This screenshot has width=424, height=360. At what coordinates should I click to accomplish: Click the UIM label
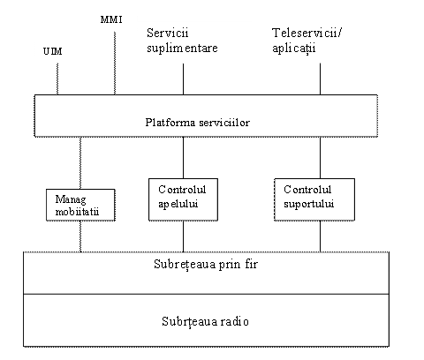click(53, 51)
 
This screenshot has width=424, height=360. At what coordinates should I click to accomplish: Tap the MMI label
click(111, 19)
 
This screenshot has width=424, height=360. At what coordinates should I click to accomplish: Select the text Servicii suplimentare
click(182, 41)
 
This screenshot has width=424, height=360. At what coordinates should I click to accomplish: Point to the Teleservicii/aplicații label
click(307, 41)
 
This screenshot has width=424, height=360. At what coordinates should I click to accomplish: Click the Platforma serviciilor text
click(198, 123)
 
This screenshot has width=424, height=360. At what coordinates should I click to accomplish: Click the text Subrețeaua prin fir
click(206, 264)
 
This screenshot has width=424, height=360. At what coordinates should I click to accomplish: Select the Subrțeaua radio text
click(205, 321)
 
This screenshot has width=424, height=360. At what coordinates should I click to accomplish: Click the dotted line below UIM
click(57, 79)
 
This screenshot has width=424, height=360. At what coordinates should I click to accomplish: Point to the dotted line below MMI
click(115, 64)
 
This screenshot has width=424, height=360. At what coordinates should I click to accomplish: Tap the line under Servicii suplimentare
click(183, 79)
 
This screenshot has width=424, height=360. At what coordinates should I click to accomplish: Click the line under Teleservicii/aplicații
click(320, 79)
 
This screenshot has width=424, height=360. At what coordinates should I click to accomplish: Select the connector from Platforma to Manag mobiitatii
click(80, 163)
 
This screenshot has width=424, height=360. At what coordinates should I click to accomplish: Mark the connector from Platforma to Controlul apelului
click(183, 158)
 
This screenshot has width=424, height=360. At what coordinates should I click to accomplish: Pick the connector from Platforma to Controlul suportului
click(320, 158)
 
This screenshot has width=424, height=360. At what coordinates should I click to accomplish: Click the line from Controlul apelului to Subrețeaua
click(183, 236)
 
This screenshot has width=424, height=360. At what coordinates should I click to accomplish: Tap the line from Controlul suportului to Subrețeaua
click(320, 236)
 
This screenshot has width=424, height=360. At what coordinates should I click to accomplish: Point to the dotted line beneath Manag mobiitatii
click(80, 236)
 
